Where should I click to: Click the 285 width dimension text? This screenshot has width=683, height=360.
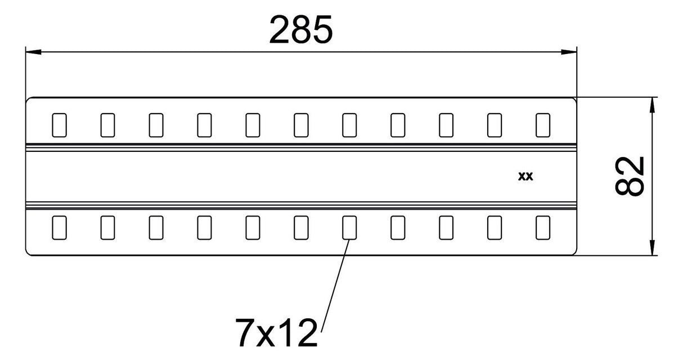(x=301, y=30)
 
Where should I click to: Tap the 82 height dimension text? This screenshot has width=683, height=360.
(x=630, y=176)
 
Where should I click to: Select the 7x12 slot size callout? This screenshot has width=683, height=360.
(x=277, y=332)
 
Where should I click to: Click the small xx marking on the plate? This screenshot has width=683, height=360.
(x=525, y=177)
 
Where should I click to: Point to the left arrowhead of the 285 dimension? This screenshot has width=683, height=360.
(x=34, y=52)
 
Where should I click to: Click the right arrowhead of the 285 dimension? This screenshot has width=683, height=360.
(x=569, y=52)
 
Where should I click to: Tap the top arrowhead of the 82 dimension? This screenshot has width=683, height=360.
(x=652, y=105)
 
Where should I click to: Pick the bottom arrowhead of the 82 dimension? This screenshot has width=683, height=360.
(x=652, y=247)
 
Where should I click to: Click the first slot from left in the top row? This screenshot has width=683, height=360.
(x=60, y=125)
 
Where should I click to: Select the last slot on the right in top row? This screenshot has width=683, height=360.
(x=543, y=125)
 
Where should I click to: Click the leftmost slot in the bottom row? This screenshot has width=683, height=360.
(x=60, y=228)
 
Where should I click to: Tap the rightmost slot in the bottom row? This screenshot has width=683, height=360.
(x=543, y=228)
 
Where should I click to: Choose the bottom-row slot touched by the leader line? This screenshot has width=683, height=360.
(x=349, y=228)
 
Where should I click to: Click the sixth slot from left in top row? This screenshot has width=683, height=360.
(x=301, y=125)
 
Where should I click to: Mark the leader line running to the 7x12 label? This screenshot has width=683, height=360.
(x=335, y=286)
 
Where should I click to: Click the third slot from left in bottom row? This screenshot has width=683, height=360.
(x=156, y=228)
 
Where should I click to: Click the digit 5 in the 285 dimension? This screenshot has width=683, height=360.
(x=322, y=30)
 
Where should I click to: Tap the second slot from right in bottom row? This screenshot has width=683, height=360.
(x=495, y=228)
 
